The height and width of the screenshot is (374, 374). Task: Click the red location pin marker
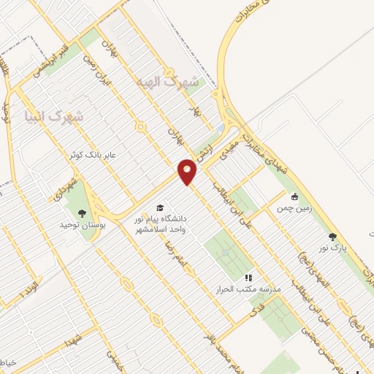188,173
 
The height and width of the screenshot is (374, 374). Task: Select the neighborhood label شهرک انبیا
53,116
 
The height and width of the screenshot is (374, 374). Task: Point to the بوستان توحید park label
83,226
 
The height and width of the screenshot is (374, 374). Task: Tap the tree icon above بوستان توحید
80,213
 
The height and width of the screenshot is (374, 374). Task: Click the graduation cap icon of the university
159,207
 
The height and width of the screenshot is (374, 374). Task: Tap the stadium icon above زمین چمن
294,196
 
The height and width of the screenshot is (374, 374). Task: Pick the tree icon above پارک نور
332,237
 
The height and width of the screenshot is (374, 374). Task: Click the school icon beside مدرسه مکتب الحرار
248,278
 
